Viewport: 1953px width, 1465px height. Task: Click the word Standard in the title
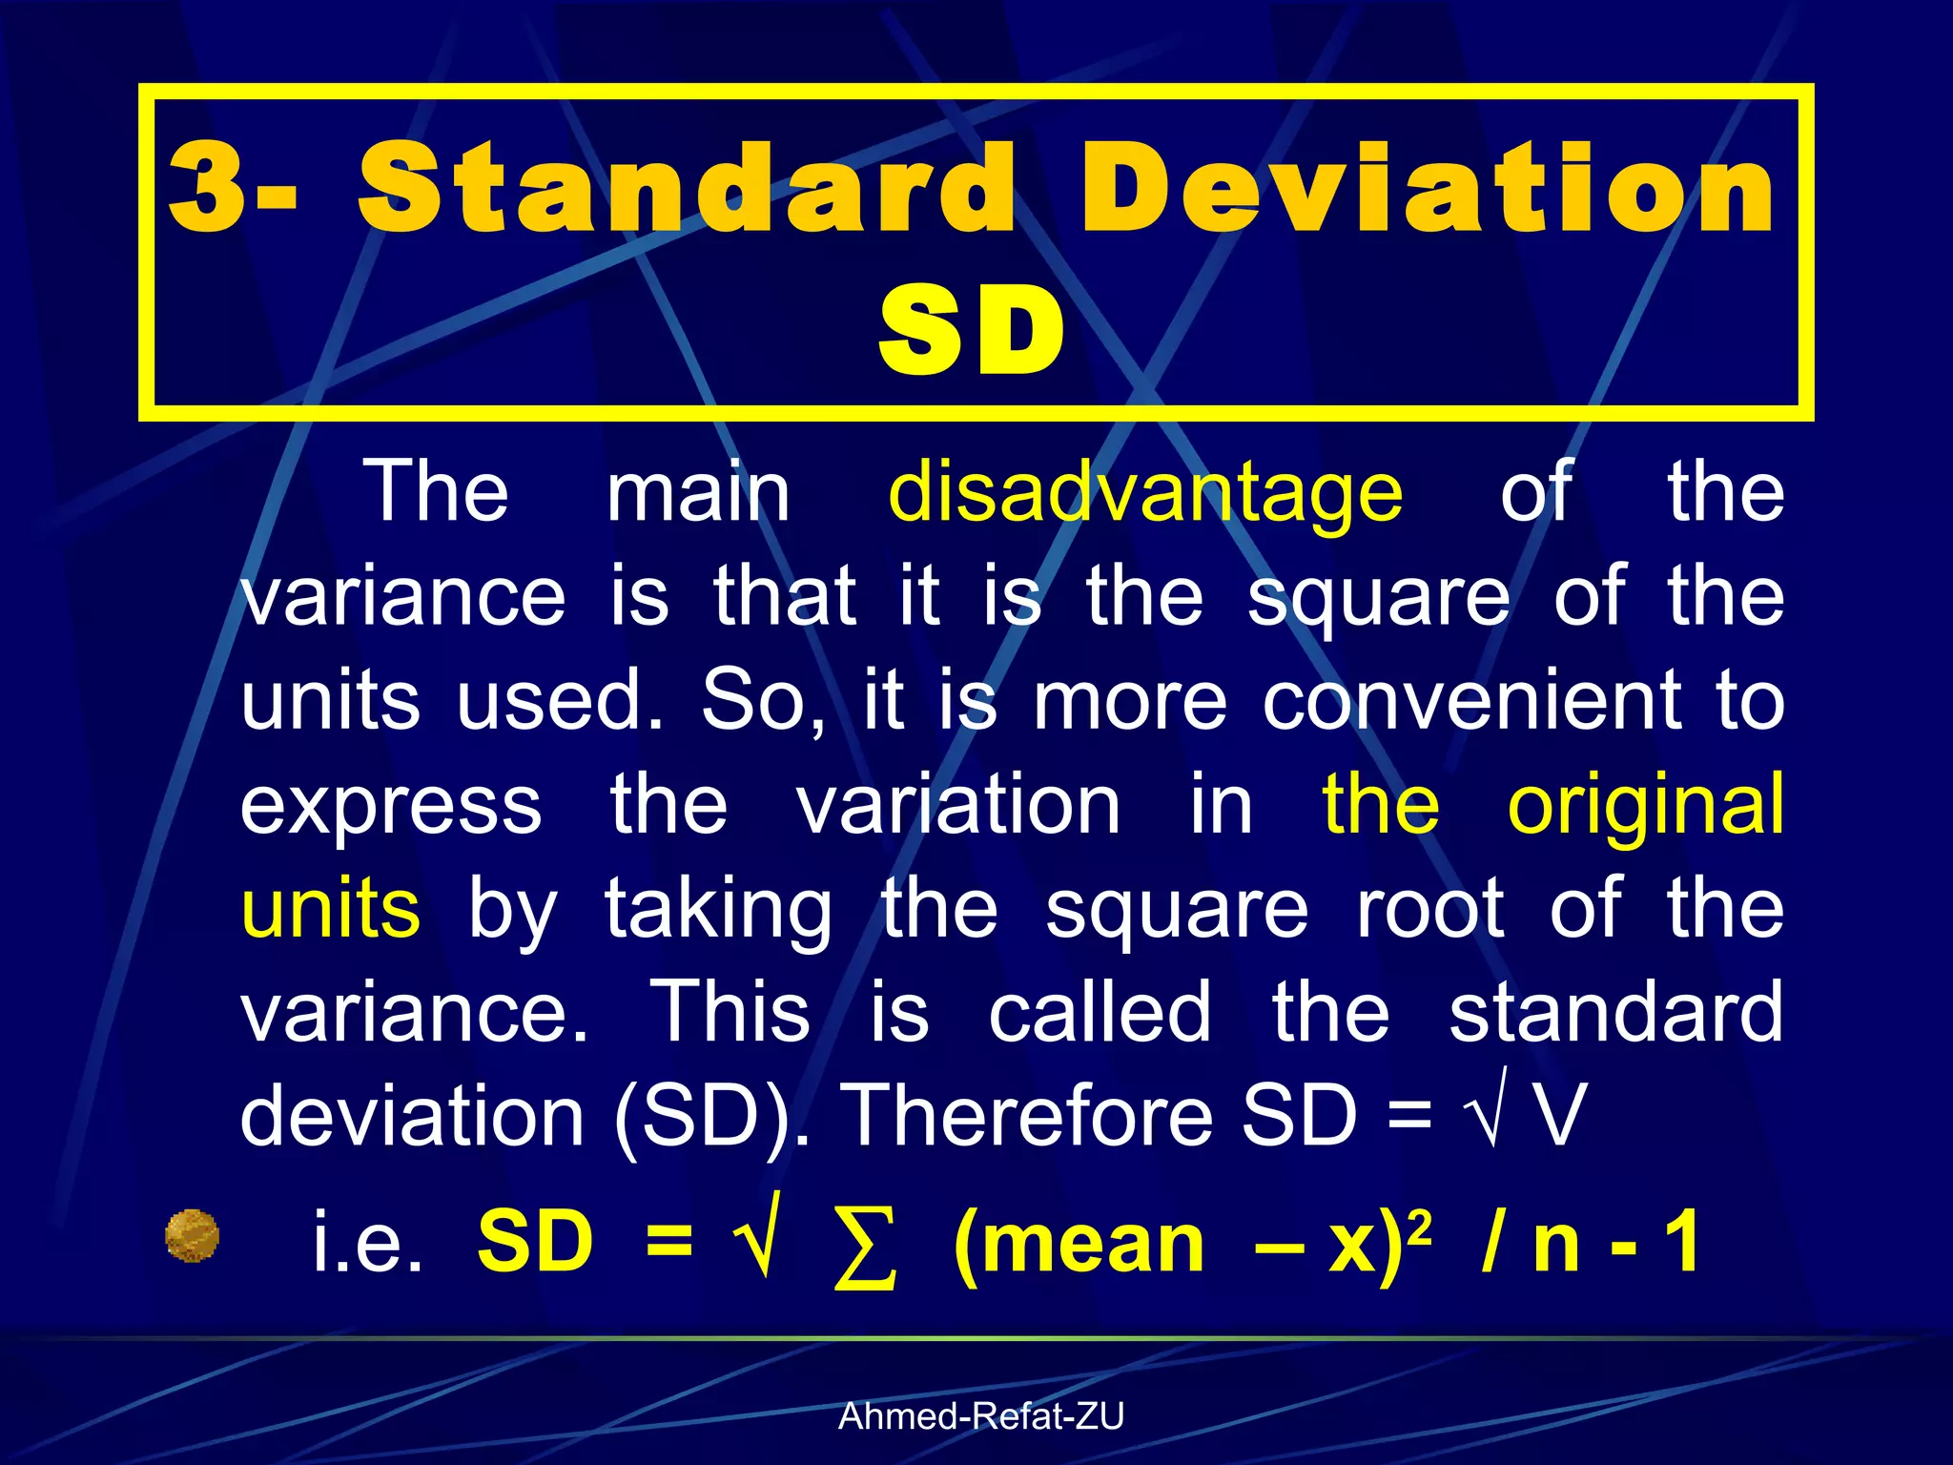pyautogui.click(x=687, y=188)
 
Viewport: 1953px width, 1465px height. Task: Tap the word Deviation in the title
pyautogui.click(x=1428, y=188)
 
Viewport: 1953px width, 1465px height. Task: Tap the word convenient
pyautogui.click(x=1472, y=701)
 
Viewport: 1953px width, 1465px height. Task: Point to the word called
pyautogui.click(x=1100, y=1012)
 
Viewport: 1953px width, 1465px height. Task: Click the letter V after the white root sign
pyautogui.click(x=1559, y=1116)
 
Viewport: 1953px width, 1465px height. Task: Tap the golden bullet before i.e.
pyautogui.click(x=192, y=1236)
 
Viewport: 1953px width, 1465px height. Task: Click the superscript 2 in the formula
pyautogui.click(x=1419, y=1224)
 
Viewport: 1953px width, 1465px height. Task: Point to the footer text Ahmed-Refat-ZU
pyautogui.click(x=981, y=1416)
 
